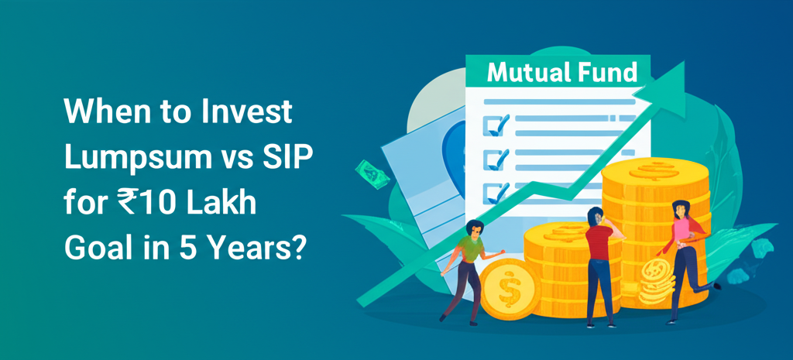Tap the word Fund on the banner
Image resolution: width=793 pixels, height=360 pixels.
coord(608,74)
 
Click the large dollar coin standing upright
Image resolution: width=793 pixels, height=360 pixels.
coord(510,290)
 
